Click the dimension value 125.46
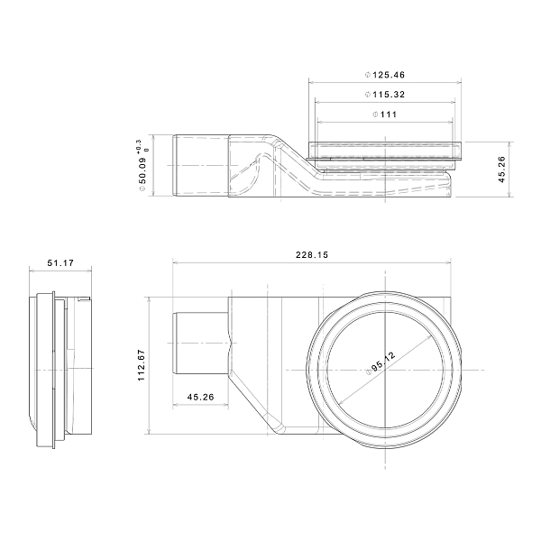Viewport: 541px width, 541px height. click(x=389, y=75)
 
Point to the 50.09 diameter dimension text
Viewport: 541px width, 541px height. click(x=142, y=170)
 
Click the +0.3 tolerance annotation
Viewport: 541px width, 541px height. click(x=139, y=145)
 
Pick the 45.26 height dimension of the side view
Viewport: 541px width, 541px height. click(x=502, y=170)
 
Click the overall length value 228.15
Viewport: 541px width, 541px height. click(x=312, y=255)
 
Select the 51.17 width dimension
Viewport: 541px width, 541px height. click(x=60, y=263)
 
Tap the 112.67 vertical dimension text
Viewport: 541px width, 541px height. click(x=142, y=365)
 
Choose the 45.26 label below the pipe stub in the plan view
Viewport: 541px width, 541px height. click(x=200, y=397)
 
